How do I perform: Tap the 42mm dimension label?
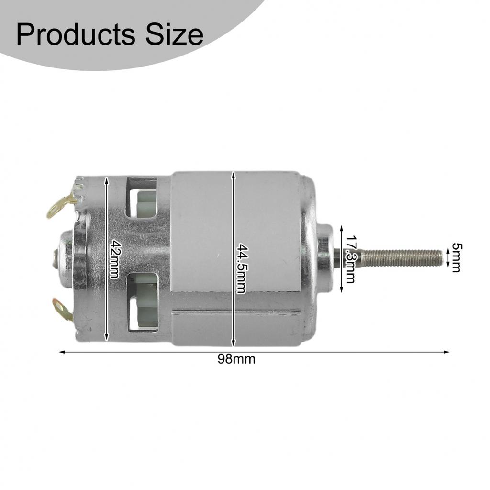113,258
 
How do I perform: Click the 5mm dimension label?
456,258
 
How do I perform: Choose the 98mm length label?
236,359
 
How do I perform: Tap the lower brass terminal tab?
63,310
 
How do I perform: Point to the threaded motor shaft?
402,258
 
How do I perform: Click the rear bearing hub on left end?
65,258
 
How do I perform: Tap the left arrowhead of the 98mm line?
61,352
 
